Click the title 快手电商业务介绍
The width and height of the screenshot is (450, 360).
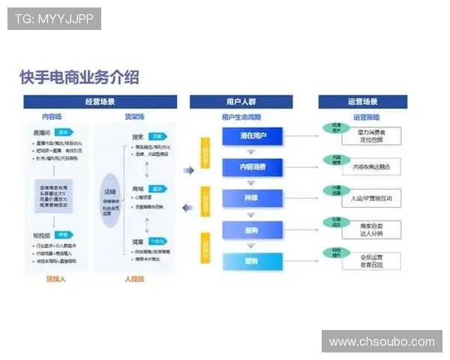79,77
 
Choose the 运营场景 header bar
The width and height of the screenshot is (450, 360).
362,102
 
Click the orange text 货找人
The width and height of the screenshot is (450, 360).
56,279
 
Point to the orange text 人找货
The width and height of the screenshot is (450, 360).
133,279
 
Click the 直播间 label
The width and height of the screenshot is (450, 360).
42,130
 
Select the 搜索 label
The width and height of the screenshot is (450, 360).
138,136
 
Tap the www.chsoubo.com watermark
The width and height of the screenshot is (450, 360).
381,341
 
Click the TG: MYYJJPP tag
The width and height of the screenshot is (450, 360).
54,18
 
